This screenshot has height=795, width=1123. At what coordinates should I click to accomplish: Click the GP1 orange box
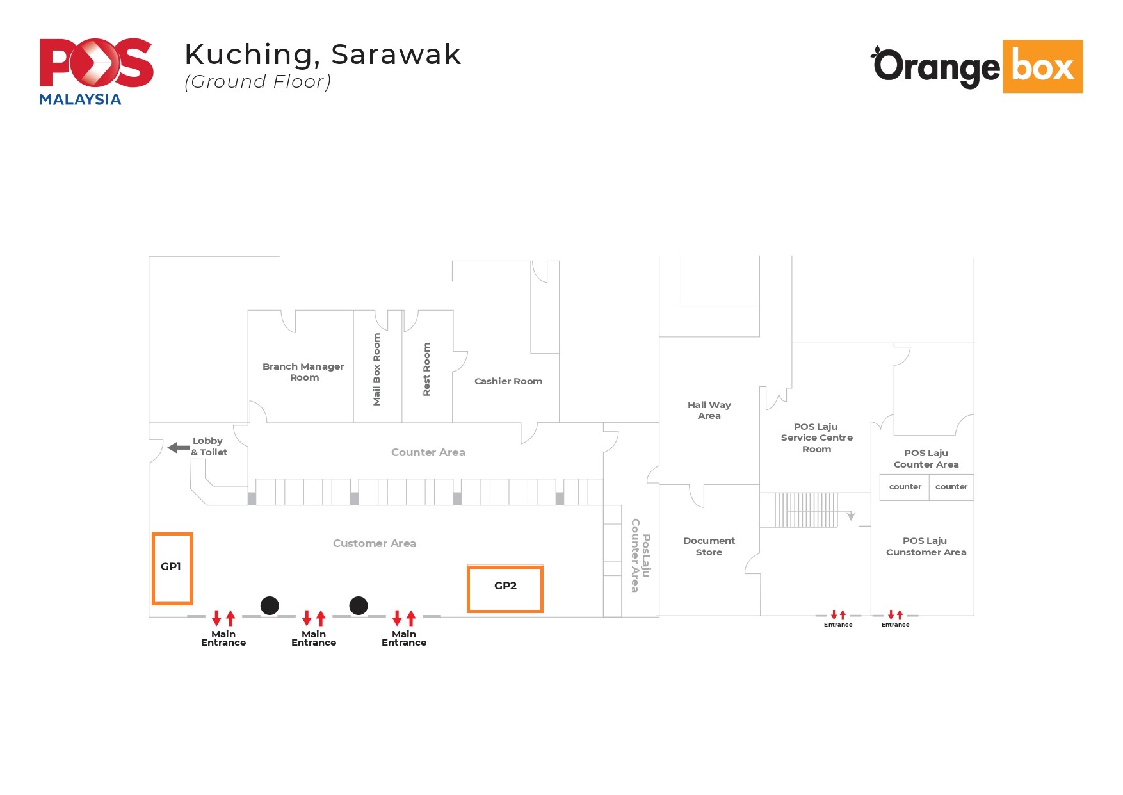click(x=172, y=568)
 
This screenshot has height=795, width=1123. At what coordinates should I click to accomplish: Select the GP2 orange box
click(x=505, y=589)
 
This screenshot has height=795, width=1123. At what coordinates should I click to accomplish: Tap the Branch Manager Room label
click(x=303, y=372)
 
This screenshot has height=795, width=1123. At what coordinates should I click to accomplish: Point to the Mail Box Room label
click(x=376, y=369)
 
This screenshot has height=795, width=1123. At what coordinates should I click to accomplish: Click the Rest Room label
click(x=426, y=370)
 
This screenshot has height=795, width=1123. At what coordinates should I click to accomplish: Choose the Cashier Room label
click(x=508, y=381)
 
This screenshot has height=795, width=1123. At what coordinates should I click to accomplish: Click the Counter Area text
click(x=428, y=452)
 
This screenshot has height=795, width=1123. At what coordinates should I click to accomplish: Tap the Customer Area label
click(x=374, y=543)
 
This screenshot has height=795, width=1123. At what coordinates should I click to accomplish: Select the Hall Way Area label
click(x=709, y=410)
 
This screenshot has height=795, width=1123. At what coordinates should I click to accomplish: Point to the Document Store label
click(x=709, y=546)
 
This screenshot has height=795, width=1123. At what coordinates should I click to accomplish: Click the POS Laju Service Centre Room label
click(x=816, y=438)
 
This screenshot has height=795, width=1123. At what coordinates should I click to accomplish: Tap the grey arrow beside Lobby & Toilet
click(x=178, y=447)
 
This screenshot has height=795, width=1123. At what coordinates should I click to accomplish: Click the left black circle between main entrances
click(x=270, y=605)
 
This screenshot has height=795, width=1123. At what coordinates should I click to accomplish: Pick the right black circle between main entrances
click(x=359, y=605)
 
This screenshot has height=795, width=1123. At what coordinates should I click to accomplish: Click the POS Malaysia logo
click(x=96, y=71)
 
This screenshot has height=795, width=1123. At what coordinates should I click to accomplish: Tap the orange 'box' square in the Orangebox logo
click(x=1042, y=67)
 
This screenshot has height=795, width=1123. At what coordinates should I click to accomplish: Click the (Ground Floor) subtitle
click(x=257, y=82)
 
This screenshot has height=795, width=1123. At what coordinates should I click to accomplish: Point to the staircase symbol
click(x=805, y=510)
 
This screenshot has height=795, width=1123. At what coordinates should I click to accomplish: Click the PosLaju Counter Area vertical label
click(x=640, y=555)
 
